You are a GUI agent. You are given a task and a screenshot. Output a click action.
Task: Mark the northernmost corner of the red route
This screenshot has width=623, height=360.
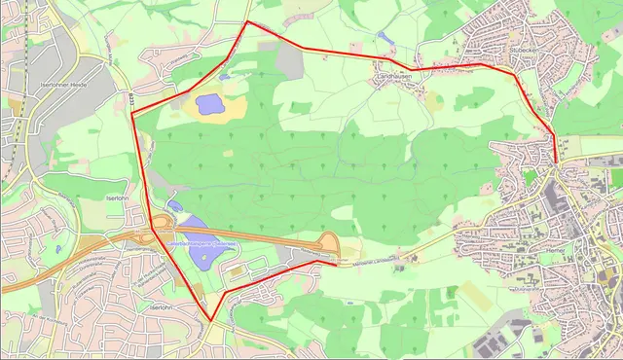(x=248, y=21)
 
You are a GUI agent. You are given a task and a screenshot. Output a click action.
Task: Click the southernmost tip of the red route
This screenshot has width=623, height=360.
(x=209, y=321)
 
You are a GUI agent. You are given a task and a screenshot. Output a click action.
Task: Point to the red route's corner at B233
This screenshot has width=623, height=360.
(x=132, y=113)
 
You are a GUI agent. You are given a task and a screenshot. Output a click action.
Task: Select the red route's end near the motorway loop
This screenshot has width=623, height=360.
(x=337, y=262)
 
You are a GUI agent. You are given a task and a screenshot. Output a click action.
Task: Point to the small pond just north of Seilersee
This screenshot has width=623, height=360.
(x=172, y=206)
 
